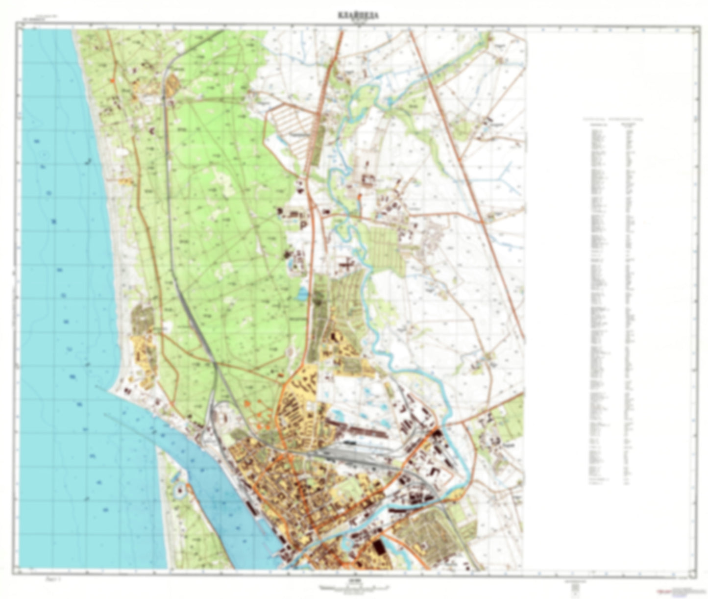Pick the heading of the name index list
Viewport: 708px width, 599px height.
pos(612,119)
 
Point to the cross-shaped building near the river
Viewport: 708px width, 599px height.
pos(346,265)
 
